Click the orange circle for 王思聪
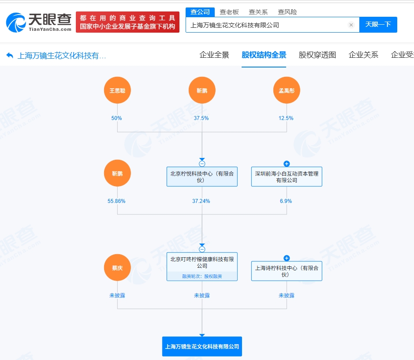pos(117,90)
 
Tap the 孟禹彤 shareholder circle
pos(287,90)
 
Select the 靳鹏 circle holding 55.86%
pos(117,173)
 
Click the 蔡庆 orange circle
pos(117,267)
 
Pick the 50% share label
pos(116,118)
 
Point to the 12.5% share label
pos(286,118)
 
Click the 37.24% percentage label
pos(201,201)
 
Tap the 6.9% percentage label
pos(286,201)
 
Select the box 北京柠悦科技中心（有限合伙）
pos(202,176)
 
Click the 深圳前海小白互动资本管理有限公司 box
pos(287,176)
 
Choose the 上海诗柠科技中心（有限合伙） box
pos(287,271)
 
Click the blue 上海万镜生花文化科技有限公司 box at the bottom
pos(202,346)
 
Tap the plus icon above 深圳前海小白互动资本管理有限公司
pos(287,164)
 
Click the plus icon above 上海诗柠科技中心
pos(287,258)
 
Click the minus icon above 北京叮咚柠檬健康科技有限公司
pos(202,249)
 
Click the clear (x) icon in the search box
pos(351,25)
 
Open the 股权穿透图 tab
pos(317,55)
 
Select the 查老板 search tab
pos(229,12)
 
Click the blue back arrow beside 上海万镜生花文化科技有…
pos(10,56)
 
